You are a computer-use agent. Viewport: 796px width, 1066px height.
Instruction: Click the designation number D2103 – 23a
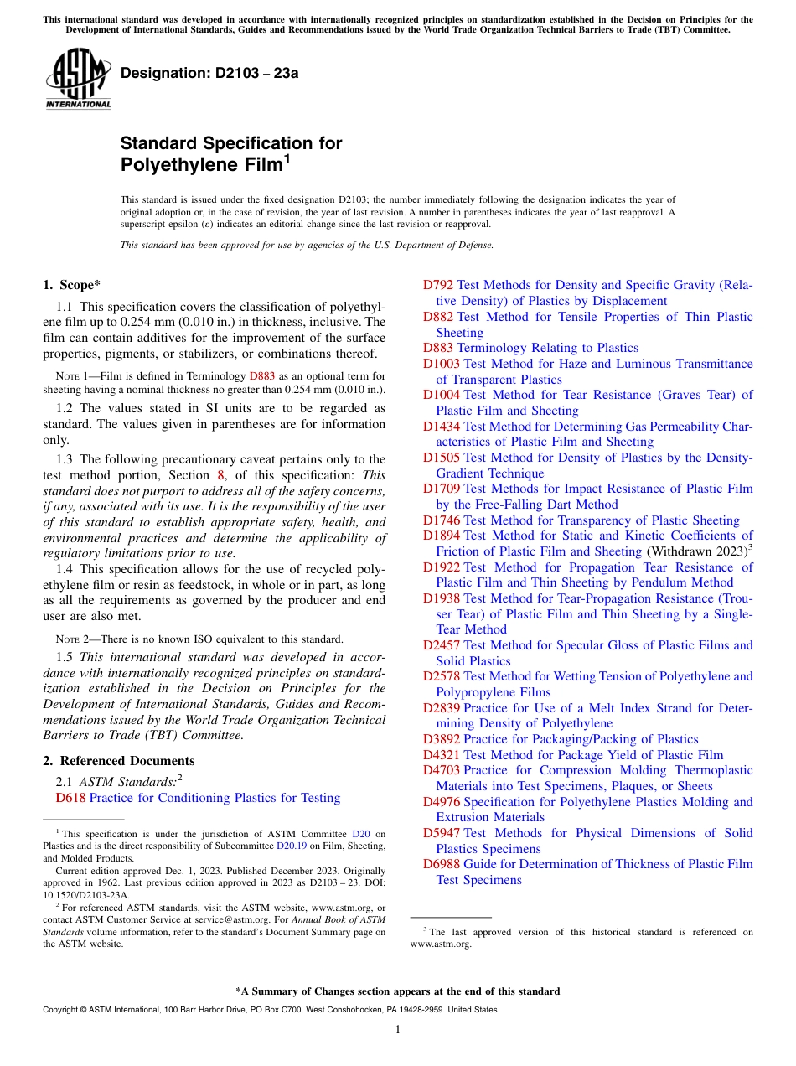coord(209,73)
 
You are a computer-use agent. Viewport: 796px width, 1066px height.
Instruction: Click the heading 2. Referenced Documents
coord(119,761)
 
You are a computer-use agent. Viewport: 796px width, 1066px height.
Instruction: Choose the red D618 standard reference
coord(70,798)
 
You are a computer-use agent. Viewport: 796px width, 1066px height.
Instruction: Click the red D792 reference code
coord(438,285)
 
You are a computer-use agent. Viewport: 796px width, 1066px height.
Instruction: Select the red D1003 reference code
coord(442,364)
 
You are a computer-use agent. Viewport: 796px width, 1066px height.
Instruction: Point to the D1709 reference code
coord(442,489)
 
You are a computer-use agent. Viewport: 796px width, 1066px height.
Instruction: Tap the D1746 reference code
coord(442,520)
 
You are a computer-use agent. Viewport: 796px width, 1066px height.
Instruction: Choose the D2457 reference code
coord(442,645)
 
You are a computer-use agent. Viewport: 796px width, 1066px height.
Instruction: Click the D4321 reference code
coord(442,755)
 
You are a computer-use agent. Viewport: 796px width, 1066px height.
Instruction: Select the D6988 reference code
coord(442,864)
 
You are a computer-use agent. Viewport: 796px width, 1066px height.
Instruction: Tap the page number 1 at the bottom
coord(398,1029)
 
